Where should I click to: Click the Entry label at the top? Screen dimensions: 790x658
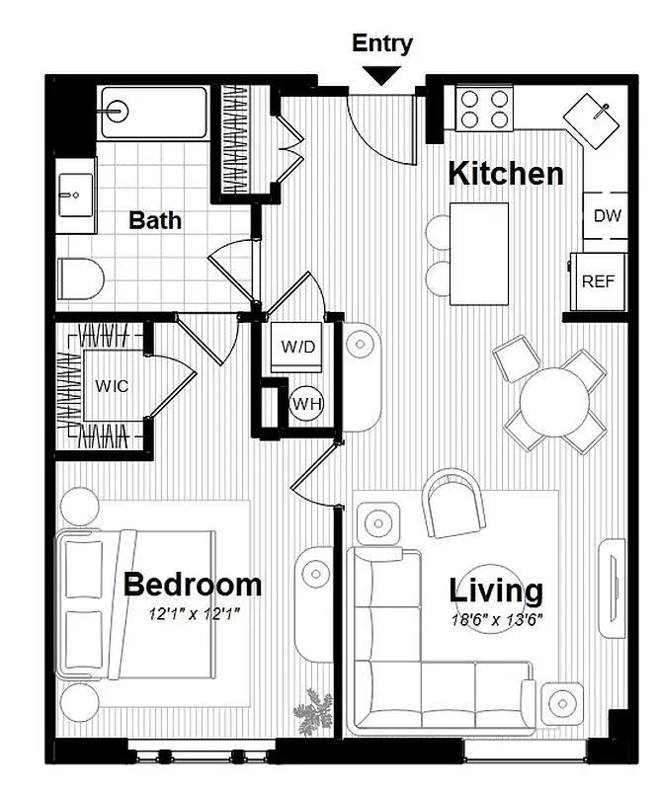click(382, 43)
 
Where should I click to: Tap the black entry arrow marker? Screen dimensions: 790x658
click(382, 75)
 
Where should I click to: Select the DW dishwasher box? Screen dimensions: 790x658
click(607, 215)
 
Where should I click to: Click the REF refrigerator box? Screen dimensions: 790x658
click(598, 280)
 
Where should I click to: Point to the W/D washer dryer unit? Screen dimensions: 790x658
click(297, 348)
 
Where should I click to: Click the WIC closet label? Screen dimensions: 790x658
click(111, 385)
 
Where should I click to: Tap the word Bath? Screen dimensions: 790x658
click(155, 219)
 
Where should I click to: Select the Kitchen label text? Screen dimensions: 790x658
click(505, 174)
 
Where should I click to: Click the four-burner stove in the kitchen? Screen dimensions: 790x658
click(484, 108)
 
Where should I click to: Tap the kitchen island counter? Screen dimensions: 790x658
click(480, 254)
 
